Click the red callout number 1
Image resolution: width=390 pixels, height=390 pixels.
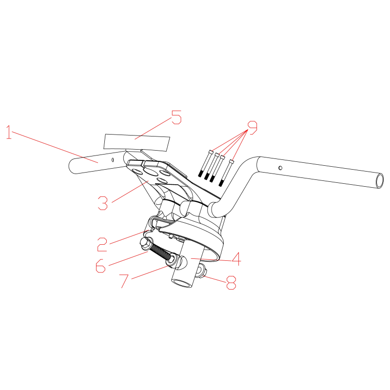(9, 132)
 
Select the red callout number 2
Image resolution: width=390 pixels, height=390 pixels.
(102, 244)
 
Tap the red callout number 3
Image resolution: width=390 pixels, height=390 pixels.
(103, 203)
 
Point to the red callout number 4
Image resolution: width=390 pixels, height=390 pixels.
(236, 259)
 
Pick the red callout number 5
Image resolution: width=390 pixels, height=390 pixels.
(176, 117)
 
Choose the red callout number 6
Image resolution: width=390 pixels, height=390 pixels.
(101, 266)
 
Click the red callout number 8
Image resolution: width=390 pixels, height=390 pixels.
(231, 283)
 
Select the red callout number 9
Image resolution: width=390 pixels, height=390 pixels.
(253, 128)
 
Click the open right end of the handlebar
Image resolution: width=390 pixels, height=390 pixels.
(380, 180)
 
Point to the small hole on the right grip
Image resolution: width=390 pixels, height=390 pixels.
(280, 168)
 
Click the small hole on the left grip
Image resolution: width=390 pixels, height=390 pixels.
(113, 160)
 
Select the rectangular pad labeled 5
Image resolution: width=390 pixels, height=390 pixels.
(137, 142)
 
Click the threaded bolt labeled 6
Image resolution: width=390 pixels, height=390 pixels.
(159, 252)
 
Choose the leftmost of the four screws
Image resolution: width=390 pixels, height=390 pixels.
(205, 163)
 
